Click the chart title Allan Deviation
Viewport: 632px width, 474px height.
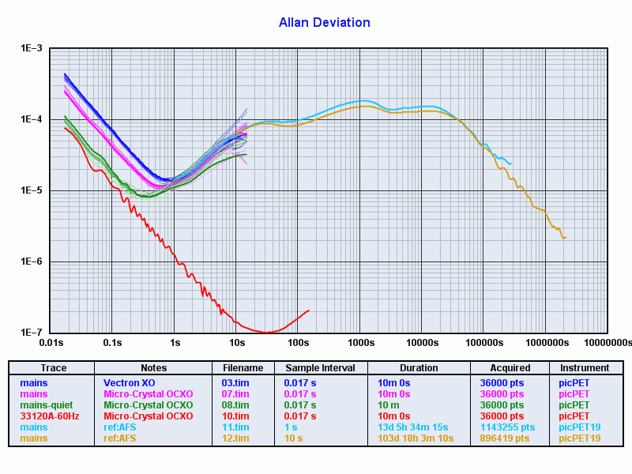click(324, 23)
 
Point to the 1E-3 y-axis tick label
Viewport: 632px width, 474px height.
click(31, 49)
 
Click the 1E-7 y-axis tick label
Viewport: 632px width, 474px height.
click(31, 333)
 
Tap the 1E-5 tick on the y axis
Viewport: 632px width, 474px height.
click(31, 191)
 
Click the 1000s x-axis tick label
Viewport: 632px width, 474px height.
click(360, 343)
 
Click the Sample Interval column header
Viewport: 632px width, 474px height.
click(320, 368)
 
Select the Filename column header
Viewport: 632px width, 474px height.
click(243, 368)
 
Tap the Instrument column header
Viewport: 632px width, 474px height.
click(585, 368)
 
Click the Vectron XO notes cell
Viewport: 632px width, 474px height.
click(130, 383)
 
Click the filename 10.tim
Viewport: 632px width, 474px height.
click(235, 416)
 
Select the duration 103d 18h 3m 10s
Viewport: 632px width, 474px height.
click(416, 438)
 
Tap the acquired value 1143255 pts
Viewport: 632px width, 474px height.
click(507, 427)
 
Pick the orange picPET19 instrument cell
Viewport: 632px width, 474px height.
click(580, 438)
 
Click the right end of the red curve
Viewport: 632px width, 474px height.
click(309, 310)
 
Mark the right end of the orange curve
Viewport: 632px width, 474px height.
click(566, 237)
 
